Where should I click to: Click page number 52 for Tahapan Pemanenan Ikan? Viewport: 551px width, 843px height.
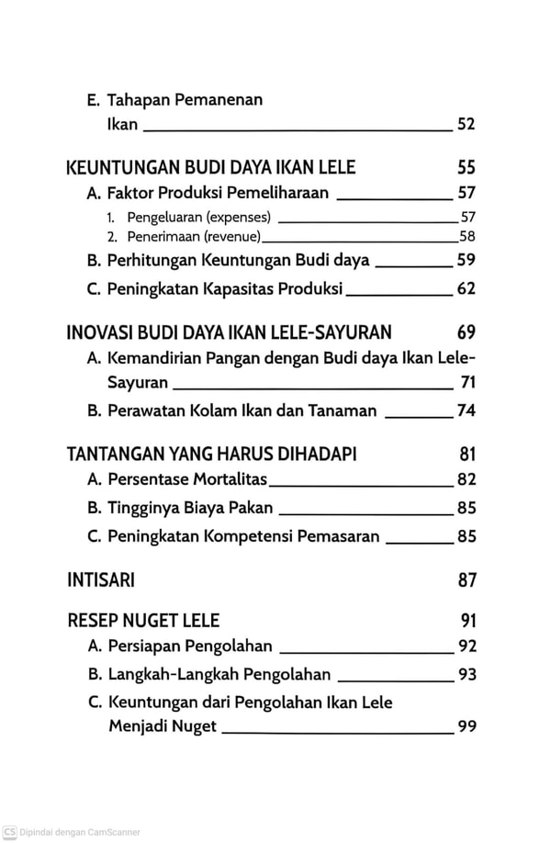pyautogui.click(x=466, y=125)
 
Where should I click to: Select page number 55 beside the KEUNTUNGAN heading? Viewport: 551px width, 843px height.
pyautogui.click(x=466, y=168)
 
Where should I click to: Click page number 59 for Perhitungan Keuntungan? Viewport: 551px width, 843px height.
pyautogui.click(x=466, y=260)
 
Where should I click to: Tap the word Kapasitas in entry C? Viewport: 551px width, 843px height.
pyautogui.click(x=242, y=289)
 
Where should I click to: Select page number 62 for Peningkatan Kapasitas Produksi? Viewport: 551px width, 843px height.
pyautogui.click(x=466, y=289)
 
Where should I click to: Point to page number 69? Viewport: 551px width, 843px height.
pyautogui.click(x=466, y=332)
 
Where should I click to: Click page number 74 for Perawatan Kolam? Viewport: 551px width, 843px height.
pyautogui.click(x=466, y=410)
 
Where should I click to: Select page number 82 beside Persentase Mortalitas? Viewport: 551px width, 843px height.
pyautogui.click(x=466, y=478)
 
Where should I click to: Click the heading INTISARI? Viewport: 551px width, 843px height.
pyautogui.click(x=101, y=580)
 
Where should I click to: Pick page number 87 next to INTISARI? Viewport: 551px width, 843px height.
pyautogui.click(x=466, y=580)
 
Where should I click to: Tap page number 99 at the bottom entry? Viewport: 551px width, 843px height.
pyautogui.click(x=466, y=726)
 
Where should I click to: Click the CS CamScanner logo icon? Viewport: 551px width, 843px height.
pyautogui.click(x=9, y=832)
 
